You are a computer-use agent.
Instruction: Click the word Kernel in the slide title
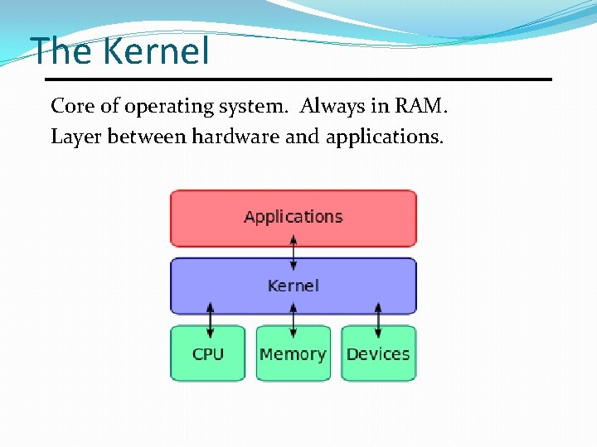click(x=157, y=51)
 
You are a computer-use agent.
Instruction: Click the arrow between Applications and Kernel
click(x=293, y=252)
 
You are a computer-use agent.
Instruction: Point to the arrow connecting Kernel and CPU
click(x=210, y=319)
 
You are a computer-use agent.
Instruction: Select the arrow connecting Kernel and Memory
click(x=293, y=319)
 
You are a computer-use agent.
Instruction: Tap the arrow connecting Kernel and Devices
click(x=378, y=319)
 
